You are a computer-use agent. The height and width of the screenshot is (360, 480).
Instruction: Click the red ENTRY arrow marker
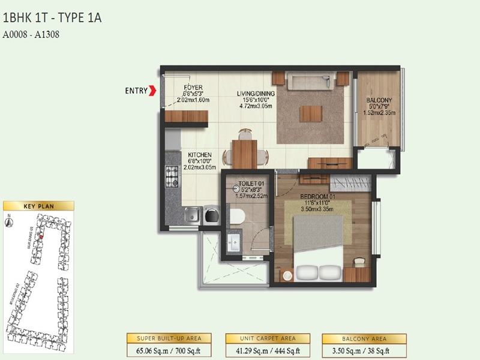[x=153, y=91]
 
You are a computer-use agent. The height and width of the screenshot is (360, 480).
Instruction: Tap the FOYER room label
[x=193, y=87]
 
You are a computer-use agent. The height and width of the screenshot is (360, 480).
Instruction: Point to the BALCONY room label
[x=379, y=100]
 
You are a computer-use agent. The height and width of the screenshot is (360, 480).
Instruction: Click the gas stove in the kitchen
[x=172, y=175]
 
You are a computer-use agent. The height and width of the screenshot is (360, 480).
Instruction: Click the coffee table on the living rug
[x=310, y=112]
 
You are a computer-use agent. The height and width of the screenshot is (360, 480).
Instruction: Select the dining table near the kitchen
[x=244, y=153]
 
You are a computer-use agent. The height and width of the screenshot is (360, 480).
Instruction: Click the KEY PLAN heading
[x=38, y=206]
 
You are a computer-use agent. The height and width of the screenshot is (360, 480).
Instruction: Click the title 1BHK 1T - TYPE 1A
[x=52, y=17]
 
